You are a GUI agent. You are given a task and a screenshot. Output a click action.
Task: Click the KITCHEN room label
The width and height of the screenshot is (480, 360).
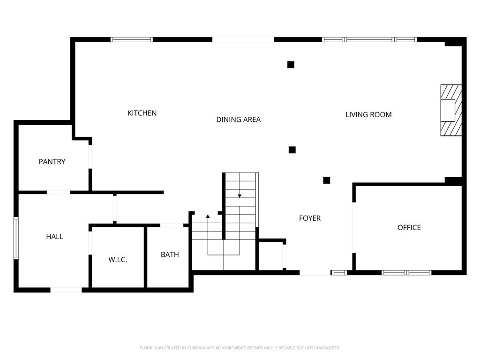click(142, 113)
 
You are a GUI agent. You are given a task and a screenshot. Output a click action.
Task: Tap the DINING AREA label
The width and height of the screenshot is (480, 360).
click(239, 120)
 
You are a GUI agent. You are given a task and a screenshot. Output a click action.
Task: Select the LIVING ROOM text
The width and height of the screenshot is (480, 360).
click(368, 115)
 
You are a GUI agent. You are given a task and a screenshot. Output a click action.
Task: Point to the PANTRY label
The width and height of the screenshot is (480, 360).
click(52, 162)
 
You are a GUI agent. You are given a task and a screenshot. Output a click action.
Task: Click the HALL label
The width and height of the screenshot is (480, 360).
click(55, 237)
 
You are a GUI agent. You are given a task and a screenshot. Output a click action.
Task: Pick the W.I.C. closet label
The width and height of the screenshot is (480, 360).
click(118, 260)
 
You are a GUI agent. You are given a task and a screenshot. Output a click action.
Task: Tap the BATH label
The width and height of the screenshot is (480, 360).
click(170, 255)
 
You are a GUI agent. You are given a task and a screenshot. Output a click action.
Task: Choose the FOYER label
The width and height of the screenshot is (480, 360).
click(310, 218)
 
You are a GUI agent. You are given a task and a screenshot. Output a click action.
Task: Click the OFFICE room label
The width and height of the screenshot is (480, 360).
click(409, 228)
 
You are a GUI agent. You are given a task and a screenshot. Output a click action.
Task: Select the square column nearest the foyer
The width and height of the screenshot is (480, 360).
click(327, 180)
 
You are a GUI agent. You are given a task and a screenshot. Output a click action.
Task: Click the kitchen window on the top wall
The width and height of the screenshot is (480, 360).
click(132, 39)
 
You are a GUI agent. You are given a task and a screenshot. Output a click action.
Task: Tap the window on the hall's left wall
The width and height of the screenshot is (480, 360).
click(16, 238)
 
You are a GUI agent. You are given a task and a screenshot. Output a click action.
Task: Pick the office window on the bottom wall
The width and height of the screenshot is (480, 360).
click(406, 272)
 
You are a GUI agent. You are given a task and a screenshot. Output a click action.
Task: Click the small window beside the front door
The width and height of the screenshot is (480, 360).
click(339, 272)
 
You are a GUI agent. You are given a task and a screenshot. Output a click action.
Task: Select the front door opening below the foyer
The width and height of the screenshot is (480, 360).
click(315, 273)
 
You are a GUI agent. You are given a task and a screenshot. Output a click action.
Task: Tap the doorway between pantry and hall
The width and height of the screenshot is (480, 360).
click(59, 193)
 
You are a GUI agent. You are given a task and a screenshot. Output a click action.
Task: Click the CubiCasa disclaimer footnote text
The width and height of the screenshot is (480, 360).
click(240, 348)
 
